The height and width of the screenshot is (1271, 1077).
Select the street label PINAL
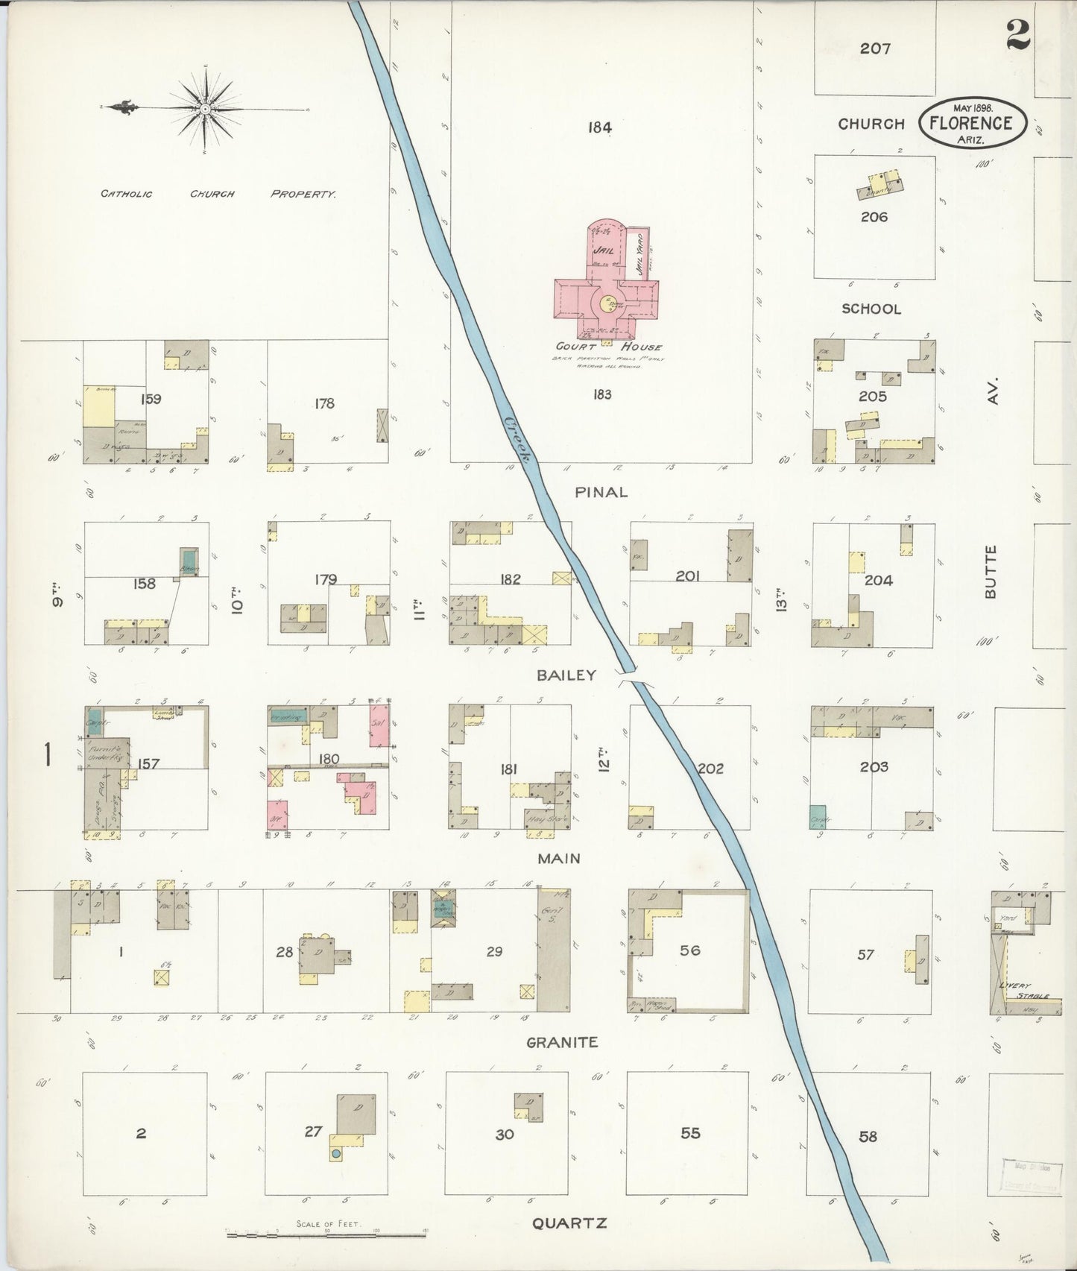point(601,492)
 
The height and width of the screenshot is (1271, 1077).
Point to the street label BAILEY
point(566,675)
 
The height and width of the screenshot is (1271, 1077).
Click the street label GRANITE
point(562,1042)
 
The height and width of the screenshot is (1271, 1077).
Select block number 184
point(599,127)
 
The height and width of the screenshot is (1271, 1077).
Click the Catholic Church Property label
point(218,194)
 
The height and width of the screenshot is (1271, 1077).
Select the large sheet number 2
point(1018,34)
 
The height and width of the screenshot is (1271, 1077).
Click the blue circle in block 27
point(336,1175)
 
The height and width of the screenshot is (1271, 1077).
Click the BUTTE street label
point(990,572)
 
